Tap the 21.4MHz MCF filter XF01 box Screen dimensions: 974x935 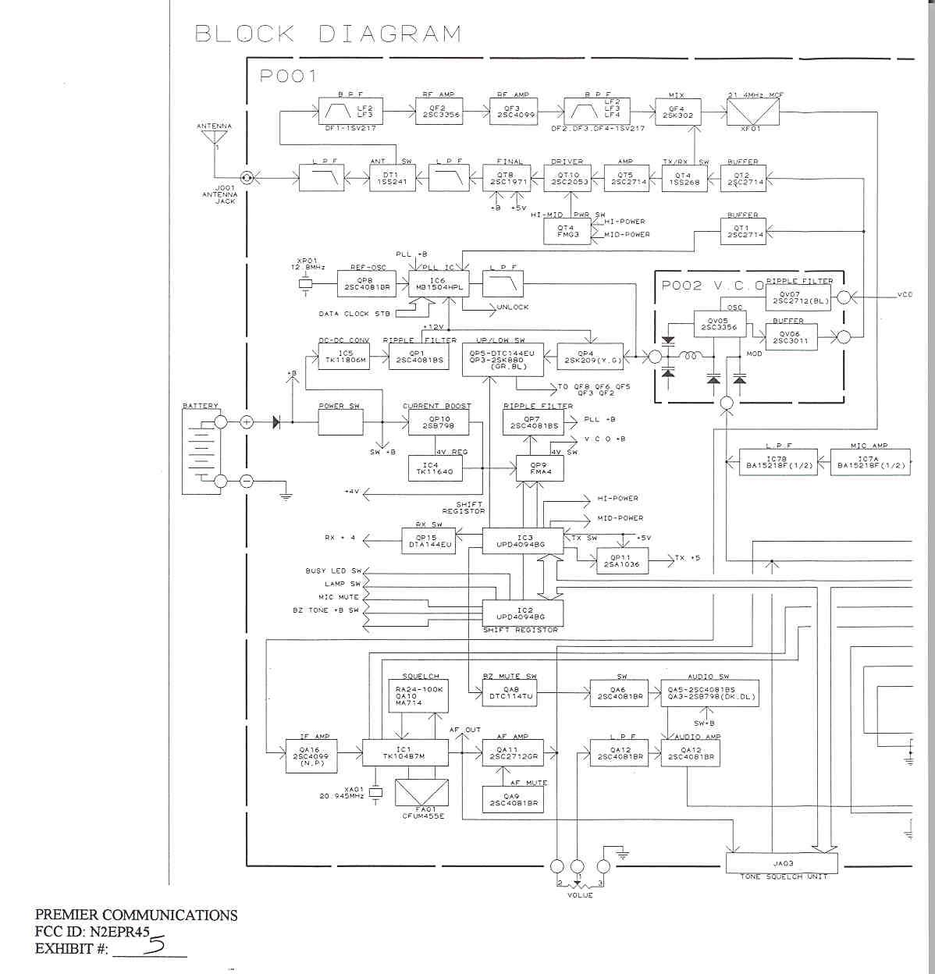point(744,113)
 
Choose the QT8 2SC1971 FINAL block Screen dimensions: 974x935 point(505,178)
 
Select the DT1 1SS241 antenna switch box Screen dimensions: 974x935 point(391,178)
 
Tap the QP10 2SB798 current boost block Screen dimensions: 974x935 point(428,422)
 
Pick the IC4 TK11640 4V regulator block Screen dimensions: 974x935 point(436,469)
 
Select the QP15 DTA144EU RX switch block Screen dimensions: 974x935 point(429,541)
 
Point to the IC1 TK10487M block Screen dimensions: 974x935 point(404,753)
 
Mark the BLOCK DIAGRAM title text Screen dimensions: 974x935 point(328,34)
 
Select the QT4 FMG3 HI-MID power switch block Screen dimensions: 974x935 point(567,231)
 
